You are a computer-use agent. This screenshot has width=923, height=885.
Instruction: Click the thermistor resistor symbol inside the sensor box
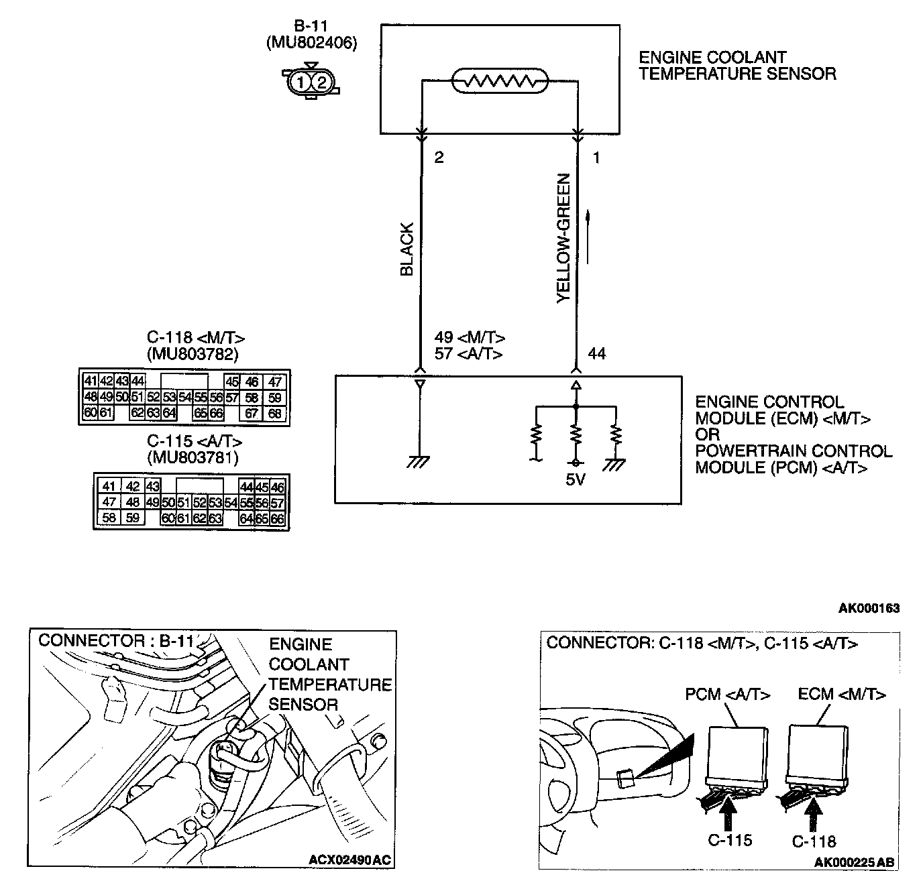pos(500,82)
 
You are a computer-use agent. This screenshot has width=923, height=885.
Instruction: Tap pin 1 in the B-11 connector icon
pos(301,82)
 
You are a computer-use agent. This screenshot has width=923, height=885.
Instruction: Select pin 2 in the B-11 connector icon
pos(321,82)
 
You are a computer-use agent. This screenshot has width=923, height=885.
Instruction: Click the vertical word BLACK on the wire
pos(407,249)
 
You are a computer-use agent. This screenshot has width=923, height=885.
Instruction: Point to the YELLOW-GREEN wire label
pos(563,239)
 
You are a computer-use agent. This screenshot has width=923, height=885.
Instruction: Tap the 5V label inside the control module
pos(576,481)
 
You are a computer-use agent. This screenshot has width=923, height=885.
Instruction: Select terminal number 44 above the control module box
pos(596,353)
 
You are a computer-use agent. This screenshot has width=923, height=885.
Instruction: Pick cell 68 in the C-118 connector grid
pos(275,414)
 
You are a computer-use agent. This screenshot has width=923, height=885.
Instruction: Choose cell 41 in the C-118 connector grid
pos(91,381)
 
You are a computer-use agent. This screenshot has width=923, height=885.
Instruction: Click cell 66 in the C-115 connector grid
pos(278,518)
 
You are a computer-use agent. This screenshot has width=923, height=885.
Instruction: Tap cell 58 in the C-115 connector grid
pos(108,518)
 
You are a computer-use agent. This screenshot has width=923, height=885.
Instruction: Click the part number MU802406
pos(311,43)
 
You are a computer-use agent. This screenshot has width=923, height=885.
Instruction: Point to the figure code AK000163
pos(869,608)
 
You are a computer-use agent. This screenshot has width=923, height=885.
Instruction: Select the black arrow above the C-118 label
pos(813,813)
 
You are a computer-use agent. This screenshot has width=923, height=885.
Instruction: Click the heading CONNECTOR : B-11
pos(116,640)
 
